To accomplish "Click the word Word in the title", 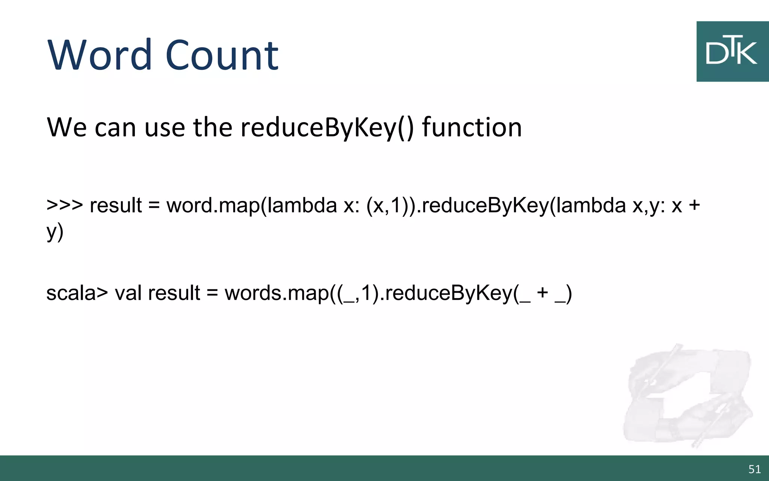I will coord(100,55).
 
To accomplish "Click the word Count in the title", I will coord(222,55).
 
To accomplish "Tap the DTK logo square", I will coord(732,51).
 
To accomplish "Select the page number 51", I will coord(754,469).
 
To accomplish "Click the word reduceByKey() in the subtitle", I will coord(327,128).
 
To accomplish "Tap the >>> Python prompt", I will coord(65,205).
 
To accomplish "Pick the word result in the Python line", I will coord(116,205).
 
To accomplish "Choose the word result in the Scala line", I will coord(174,293).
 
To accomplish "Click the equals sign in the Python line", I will coord(154,206).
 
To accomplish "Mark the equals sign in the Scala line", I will coord(212,293).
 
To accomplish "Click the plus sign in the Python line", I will coord(694,205).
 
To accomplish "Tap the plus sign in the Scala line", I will coord(542,293).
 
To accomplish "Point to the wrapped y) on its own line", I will coord(55,232).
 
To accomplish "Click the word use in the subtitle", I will coord(164,128).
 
